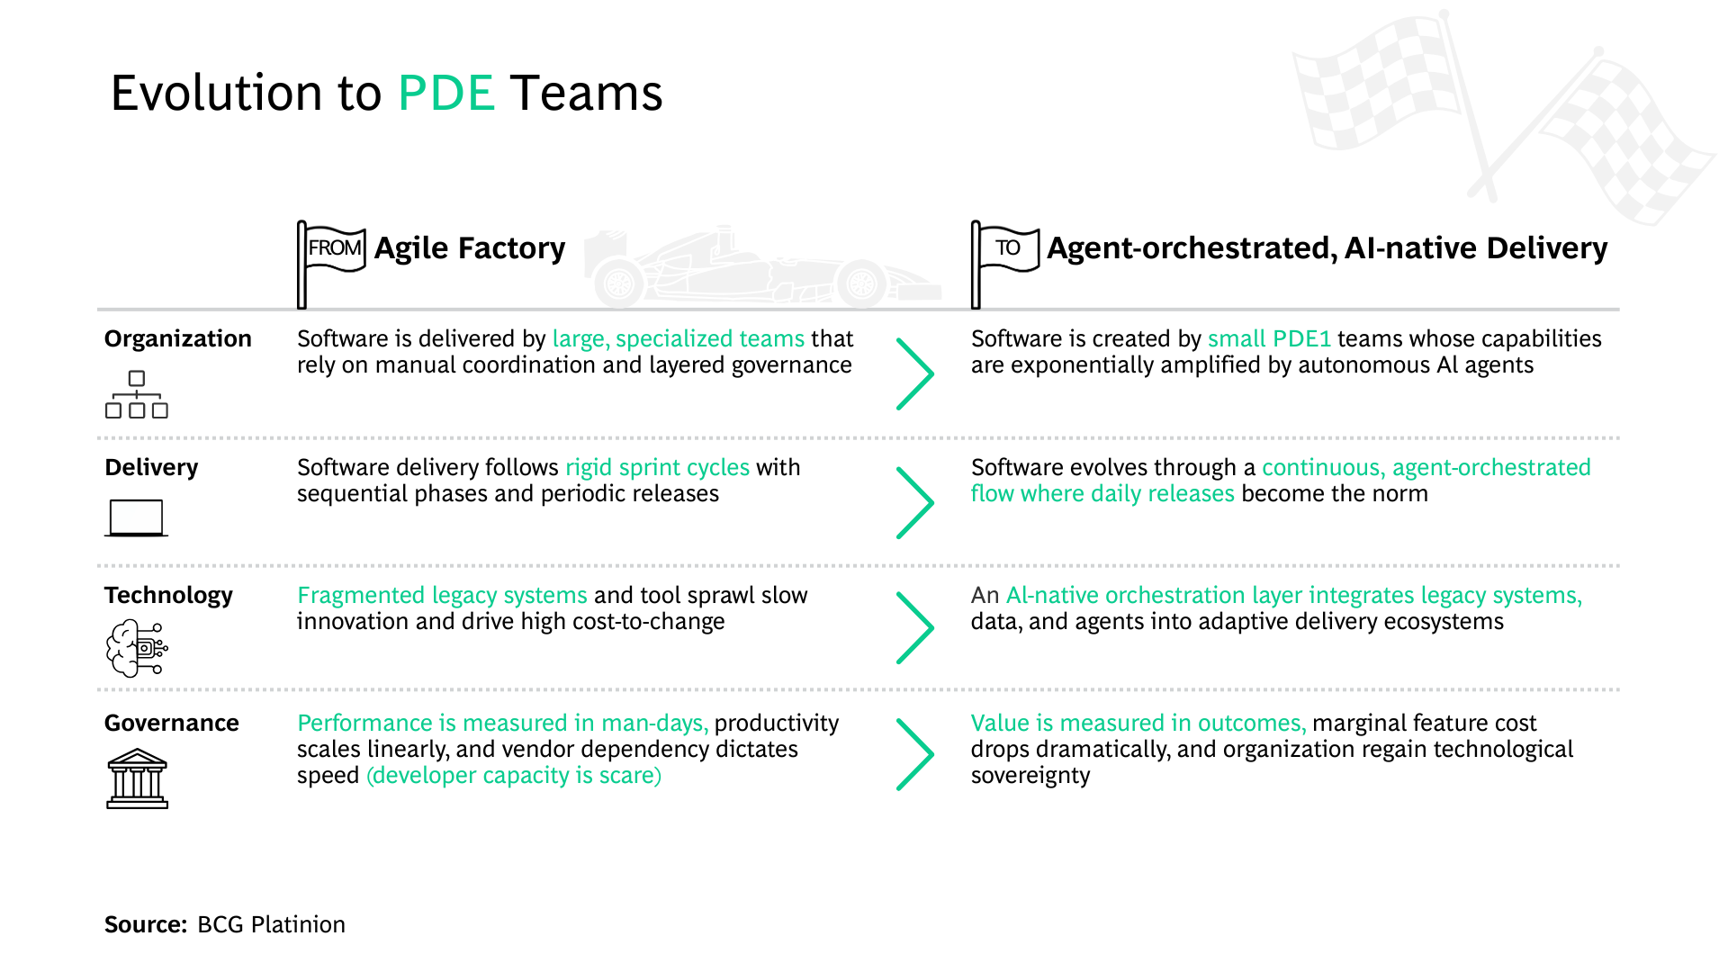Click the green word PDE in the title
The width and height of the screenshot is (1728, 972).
click(x=446, y=93)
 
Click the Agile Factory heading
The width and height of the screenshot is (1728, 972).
click(x=469, y=247)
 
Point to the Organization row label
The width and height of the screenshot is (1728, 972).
click(x=177, y=338)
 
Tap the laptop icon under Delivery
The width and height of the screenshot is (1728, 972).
click(x=136, y=517)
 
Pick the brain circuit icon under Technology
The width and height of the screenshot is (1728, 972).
click(x=137, y=647)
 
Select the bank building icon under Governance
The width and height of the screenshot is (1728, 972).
click(x=137, y=778)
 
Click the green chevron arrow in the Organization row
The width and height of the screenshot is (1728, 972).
click(x=915, y=373)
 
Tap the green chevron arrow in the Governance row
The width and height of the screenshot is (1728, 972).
click(x=915, y=754)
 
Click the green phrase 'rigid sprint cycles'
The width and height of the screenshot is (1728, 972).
click(x=657, y=467)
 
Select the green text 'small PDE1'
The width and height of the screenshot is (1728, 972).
click(x=1269, y=338)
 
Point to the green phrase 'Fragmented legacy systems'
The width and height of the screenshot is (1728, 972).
click(x=442, y=595)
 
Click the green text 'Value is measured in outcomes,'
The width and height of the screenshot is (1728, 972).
click(x=1138, y=723)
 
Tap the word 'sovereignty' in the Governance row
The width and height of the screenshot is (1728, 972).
click(x=1030, y=775)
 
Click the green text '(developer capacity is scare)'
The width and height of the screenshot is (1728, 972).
click(x=514, y=775)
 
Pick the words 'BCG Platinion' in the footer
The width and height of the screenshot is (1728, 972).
click(x=271, y=924)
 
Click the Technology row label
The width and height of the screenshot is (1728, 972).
click(x=168, y=595)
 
